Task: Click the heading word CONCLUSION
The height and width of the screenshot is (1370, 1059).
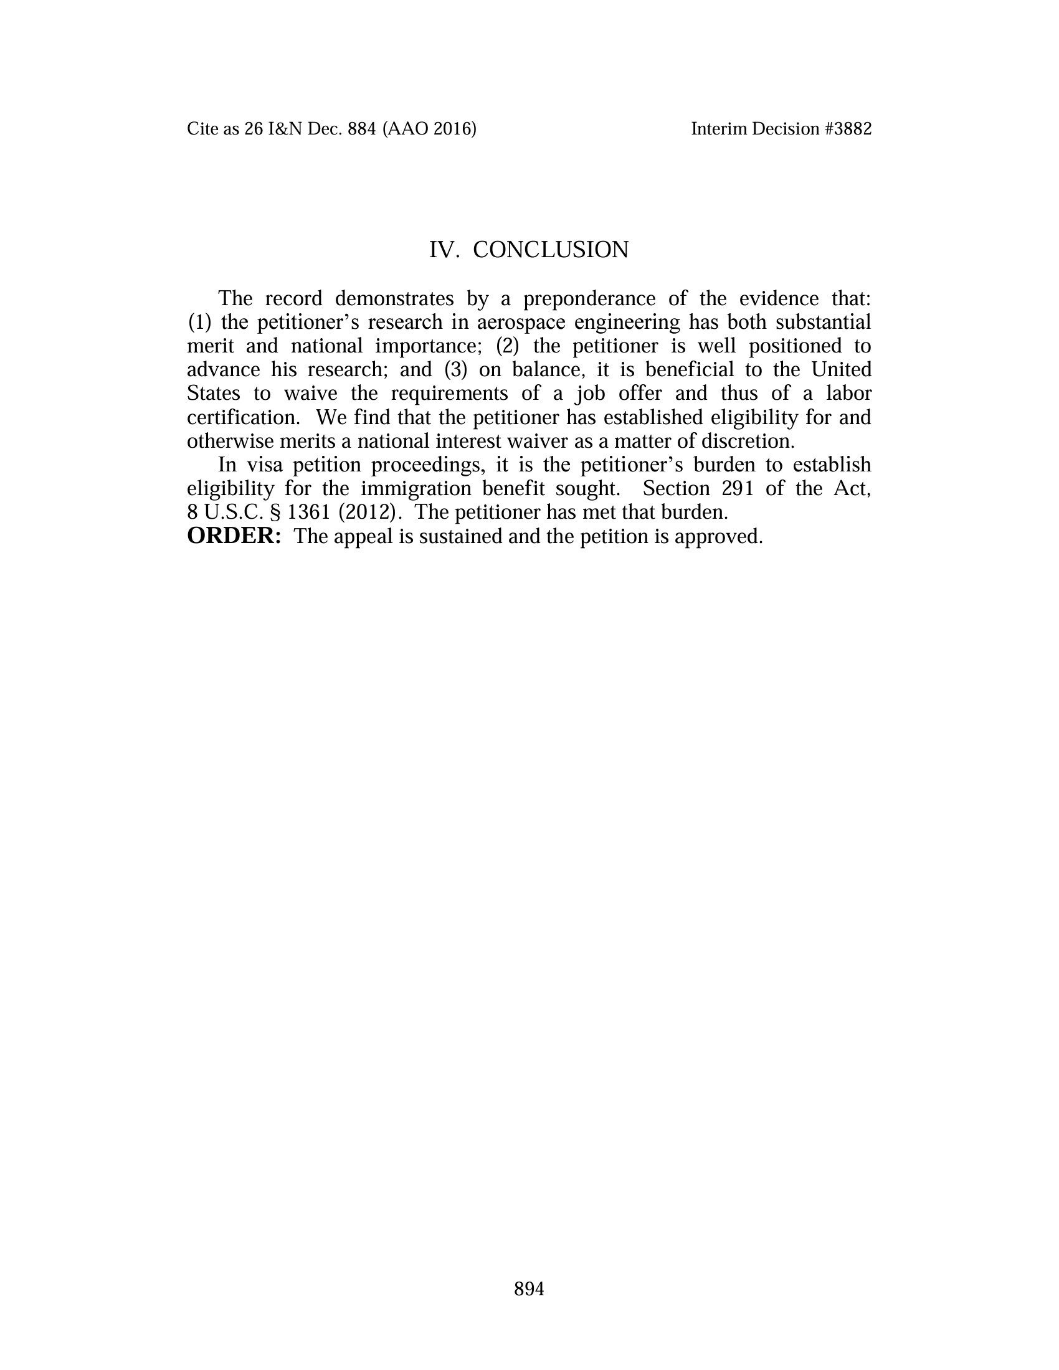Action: coord(550,250)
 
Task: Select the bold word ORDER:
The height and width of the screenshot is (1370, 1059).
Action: coord(234,536)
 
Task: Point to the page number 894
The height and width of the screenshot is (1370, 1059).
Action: coord(529,1288)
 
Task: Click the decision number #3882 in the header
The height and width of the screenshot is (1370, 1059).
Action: coord(848,129)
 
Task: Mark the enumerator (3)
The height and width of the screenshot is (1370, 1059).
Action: coord(456,369)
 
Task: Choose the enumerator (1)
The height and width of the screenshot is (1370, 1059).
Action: coord(199,322)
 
